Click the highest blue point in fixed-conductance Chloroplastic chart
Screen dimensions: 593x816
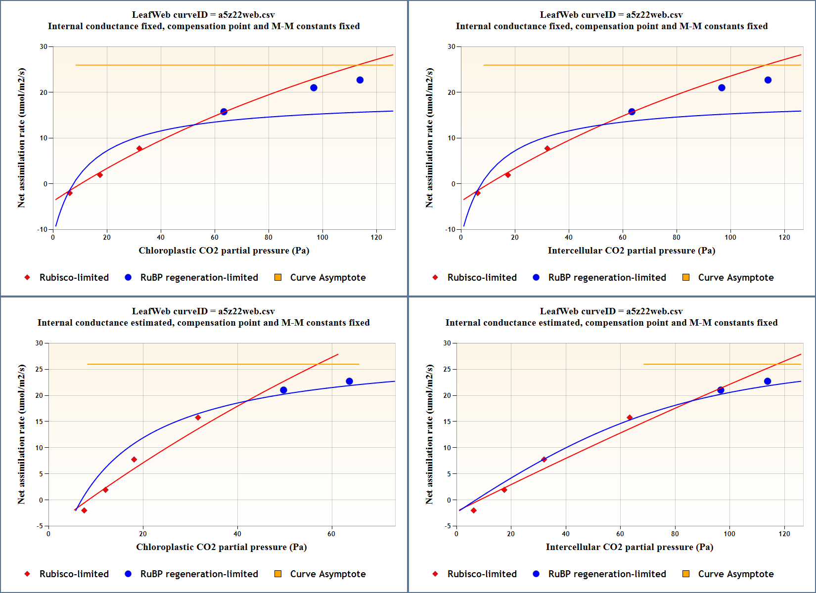(360, 80)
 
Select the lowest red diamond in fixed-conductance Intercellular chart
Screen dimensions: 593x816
(478, 193)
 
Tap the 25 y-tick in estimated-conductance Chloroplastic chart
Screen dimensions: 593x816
(39, 369)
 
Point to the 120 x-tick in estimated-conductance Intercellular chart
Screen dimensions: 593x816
(784, 534)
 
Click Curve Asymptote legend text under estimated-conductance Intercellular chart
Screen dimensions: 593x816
(735, 574)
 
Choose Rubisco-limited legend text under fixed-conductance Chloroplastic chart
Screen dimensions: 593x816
(74, 277)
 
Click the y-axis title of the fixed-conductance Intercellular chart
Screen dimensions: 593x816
(429, 138)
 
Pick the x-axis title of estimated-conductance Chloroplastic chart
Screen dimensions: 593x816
(222, 547)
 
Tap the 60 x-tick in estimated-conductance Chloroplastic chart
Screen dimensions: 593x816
(331, 534)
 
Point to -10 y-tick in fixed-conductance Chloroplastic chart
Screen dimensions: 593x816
(43, 229)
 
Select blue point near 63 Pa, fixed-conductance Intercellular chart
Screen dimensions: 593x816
(632, 112)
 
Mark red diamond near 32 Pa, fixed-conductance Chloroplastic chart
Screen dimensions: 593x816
(139, 149)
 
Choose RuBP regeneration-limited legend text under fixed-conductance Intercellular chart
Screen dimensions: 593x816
(607, 277)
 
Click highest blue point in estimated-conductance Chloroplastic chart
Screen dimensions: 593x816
(350, 381)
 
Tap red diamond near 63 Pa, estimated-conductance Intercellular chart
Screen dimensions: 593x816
(630, 418)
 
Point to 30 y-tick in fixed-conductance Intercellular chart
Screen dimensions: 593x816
(452, 46)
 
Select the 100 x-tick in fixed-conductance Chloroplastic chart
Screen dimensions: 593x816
(322, 237)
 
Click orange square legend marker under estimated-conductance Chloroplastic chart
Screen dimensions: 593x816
(278, 574)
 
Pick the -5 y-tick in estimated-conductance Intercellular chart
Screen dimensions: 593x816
(447, 526)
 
